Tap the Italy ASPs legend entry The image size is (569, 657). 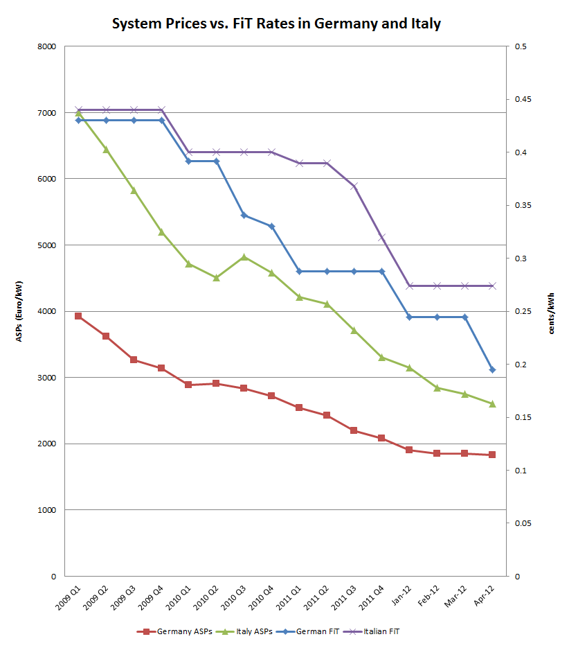(x=247, y=631)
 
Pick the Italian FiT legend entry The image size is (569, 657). (x=380, y=631)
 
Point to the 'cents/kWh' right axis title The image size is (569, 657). (x=552, y=313)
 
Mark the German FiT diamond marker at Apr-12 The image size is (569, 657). (x=492, y=370)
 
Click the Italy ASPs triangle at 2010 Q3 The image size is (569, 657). (x=244, y=256)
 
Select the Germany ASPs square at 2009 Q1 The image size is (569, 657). (x=78, y=316)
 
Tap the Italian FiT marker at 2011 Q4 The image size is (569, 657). (x=381, y=237)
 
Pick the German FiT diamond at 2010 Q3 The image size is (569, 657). (x=244, y=215)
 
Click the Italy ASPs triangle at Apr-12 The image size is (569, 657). (x=492, y=404)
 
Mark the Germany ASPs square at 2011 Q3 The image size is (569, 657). (x=354, y=430)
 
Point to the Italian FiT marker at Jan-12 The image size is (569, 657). (x=409, y=286)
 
